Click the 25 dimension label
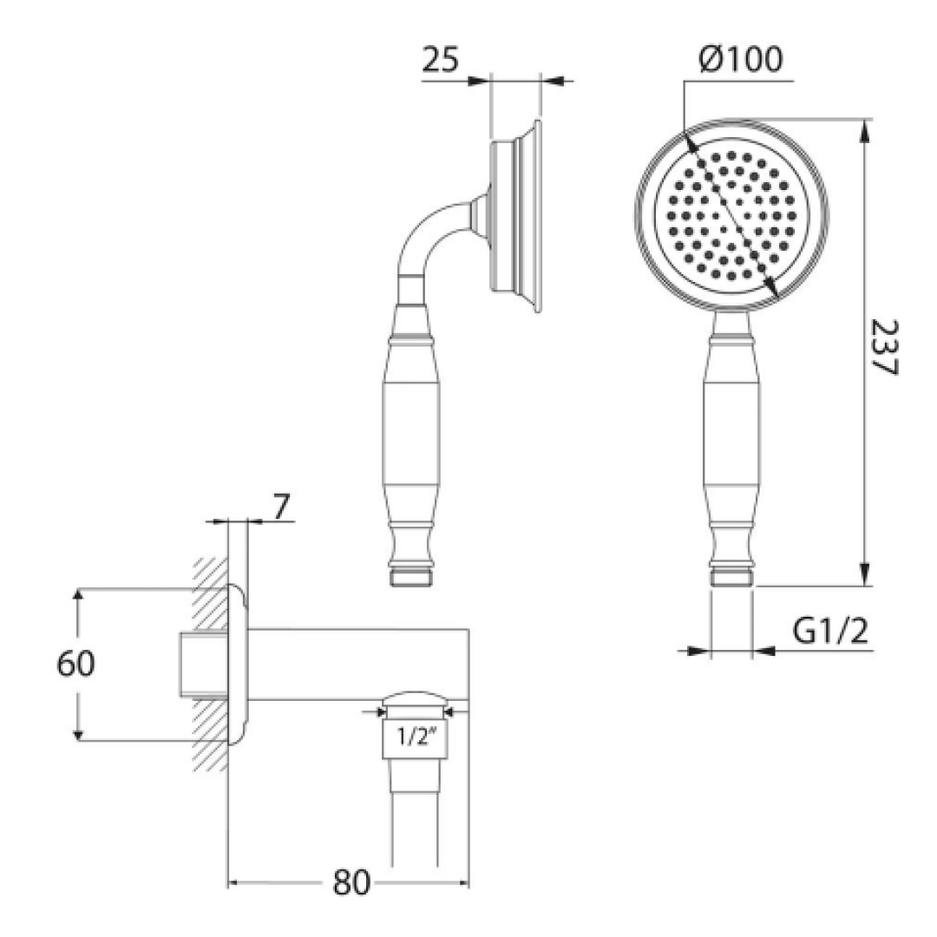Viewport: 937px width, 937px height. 440,60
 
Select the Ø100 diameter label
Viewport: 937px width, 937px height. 741,60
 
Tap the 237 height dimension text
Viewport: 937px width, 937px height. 882,348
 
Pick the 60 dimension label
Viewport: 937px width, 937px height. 75,665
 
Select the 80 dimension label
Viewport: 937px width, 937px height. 351,884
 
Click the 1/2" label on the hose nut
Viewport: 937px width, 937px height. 415,739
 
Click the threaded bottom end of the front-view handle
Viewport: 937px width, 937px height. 731,577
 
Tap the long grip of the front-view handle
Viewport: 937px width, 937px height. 731,434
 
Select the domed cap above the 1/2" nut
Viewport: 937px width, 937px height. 415,701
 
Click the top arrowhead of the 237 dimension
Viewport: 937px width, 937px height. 865,131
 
